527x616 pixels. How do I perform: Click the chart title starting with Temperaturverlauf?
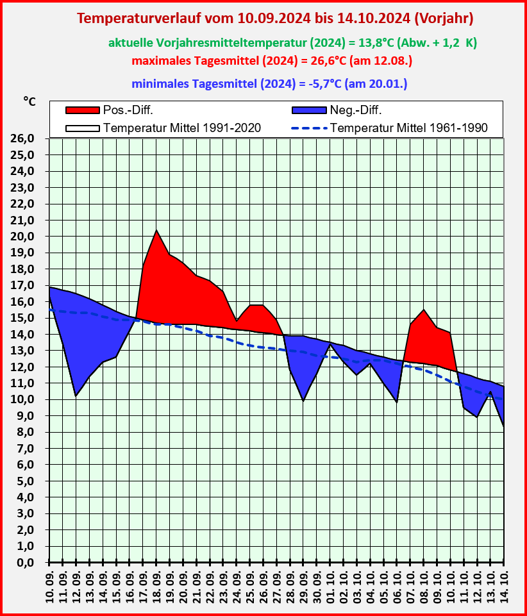(275, 19)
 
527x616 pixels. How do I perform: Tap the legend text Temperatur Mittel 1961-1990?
(409, 128)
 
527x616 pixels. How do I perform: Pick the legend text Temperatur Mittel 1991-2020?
(181, 128)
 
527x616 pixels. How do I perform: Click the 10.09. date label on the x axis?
(49, 587)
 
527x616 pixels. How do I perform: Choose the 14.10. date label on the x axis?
(504, 587)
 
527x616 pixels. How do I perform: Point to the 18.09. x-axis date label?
(156, 587)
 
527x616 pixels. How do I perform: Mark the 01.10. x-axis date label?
(330, 587)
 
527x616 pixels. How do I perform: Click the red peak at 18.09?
(156, 231)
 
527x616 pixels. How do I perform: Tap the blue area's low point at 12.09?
(76, 394)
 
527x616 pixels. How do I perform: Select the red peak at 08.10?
(424, 311)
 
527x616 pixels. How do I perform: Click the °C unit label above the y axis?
(29, 101)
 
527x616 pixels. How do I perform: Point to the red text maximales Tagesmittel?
(271, 62)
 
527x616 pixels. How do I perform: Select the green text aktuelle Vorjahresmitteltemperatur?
(292, 43)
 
